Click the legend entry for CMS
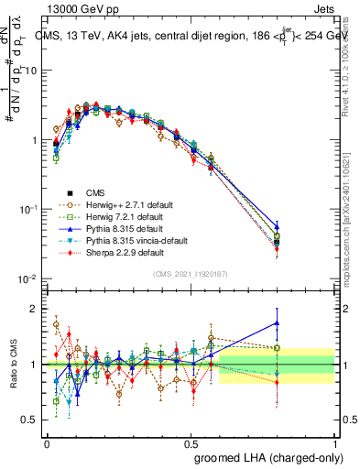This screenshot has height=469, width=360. click(94, 192)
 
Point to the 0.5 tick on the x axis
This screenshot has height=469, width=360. click(191, 442)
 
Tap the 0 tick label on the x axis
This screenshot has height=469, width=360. click(47, 442)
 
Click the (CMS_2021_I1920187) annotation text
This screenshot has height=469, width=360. click(190, 274)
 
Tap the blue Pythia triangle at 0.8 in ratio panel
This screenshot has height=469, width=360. click(277, 322)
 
